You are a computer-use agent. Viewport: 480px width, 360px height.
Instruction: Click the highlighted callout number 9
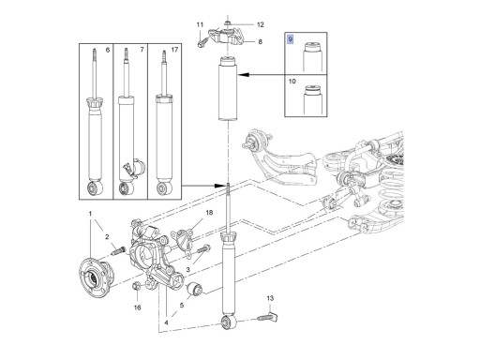click(291, 39)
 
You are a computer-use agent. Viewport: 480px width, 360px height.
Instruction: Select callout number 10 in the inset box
click(292, 82)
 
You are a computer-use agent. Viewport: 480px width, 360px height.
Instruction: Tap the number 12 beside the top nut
click(261, 24)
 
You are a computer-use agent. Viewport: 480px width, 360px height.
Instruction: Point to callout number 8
click(260, 41)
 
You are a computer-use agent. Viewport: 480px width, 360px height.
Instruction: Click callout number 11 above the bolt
click(200, 24)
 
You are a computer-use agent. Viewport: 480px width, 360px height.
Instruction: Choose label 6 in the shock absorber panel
click(108, 50)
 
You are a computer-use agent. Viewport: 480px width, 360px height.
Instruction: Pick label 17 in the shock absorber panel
click(174, 50)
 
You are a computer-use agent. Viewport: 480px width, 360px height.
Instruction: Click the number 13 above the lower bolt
click(270, 298)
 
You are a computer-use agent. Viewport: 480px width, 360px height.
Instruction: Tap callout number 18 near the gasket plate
click(209, 213)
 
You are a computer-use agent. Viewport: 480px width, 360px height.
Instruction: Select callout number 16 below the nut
click(137, 307)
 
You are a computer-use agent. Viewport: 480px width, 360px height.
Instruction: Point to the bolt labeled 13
click(268, 317)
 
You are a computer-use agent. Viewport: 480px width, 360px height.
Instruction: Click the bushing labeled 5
click(195, 289)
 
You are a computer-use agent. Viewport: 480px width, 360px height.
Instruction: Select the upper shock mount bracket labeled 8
click(226, 36)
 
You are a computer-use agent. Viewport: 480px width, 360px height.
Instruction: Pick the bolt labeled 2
click(118, 250)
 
